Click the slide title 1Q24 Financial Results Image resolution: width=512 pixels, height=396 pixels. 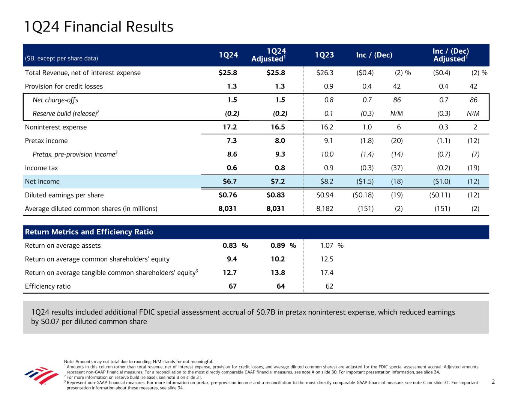(x=98, y=27)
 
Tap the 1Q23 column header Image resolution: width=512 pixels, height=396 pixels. (x=324, y=55)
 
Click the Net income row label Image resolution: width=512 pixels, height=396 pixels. (x=42, y=182)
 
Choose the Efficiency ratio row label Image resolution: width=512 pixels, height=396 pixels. (x=48, y=286)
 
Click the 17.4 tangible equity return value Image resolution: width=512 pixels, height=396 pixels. (x=327, y=273)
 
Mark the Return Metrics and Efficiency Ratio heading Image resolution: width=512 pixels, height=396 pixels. (x=89, y=232)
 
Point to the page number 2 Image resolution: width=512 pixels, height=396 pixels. (x=493, y=382)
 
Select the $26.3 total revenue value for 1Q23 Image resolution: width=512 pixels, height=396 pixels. (x=325, y=73)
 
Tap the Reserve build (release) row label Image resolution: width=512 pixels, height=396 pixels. (x=66, y=114)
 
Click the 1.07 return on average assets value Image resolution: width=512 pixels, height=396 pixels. (x=327, y=246)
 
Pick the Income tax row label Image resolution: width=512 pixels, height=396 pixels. (x=41, y=168)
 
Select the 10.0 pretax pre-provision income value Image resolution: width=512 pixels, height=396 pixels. (x=326, y=154)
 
